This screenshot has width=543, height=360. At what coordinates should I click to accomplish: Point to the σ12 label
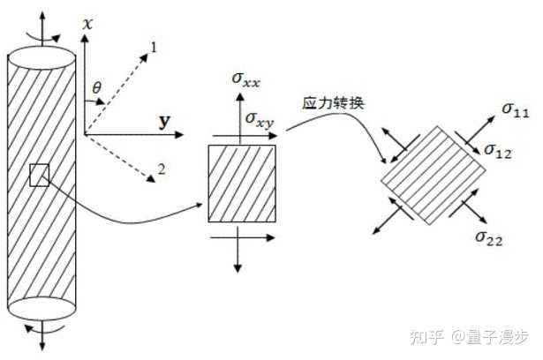click(x=500, y=153)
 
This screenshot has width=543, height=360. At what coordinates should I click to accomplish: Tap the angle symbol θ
click(x=97, y=86)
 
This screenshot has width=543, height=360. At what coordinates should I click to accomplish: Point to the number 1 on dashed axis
click(x=154, y=46)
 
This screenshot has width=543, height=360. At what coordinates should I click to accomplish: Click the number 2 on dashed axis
click(x=160, y=168)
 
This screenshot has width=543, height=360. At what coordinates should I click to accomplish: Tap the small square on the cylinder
click(x=39, y=175)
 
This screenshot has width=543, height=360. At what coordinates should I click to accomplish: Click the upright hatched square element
click(x=241, y=183)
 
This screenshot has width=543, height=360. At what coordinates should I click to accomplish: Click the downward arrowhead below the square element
click(x=239, y=266)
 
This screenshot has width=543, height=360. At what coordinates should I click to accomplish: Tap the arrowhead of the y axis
click(x=180, y=135)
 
